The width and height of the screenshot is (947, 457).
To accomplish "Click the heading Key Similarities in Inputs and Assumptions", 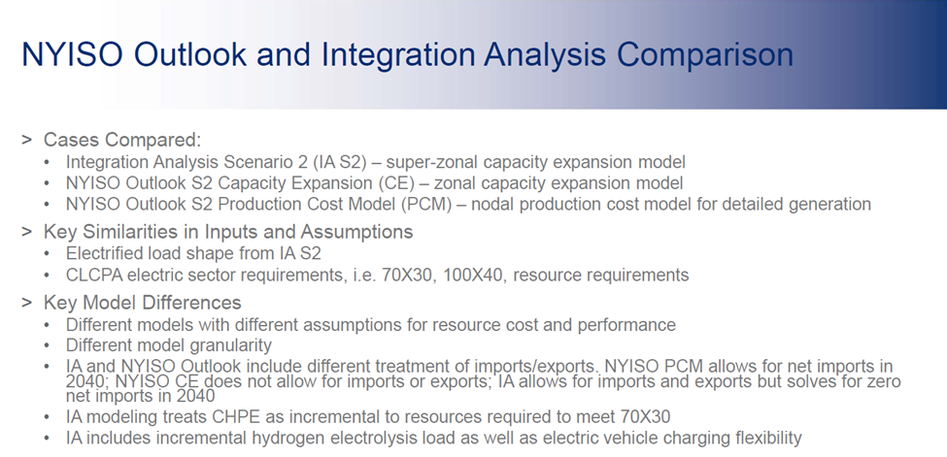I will tap(228, 232).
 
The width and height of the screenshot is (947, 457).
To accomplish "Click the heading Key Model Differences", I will tap(142, 303).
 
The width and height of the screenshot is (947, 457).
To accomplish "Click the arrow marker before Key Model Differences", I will tap(27, 303).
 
